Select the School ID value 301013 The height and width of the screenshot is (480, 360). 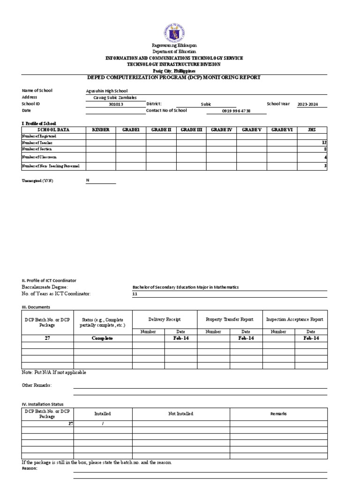pyautogui.click(x=115, y=105)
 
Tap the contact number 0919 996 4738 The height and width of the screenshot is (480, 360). pyautogui.click(x=236, y=111)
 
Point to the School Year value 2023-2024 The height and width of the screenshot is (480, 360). pyautogui.click(x=307, y=105)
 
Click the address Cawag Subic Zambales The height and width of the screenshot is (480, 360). pyautogui.click(x=112, y=97)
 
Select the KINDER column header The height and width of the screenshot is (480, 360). pyautogui.click(x=101, y=129)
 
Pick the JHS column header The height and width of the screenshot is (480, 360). pyautogui.click(x=312, y=129)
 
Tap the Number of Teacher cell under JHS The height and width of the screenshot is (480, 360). pyautogui.click(x=312, y=142)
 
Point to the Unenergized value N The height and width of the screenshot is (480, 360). pyautogui.click(x=88, y=180)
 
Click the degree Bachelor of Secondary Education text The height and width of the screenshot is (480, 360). pyautogui.click(x=186, y=287)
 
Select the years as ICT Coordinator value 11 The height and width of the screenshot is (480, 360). pyautogui.click(x=136, y=294)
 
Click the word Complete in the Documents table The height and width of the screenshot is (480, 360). pyautogui.click(x=102, y=338)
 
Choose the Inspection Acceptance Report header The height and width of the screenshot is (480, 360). pyautogui.click(x=294, y=319)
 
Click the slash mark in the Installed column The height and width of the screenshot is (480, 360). pyautogui.click(x=103, y=423)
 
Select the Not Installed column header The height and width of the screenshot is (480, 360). pyautogui.click(x=180, y=414)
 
